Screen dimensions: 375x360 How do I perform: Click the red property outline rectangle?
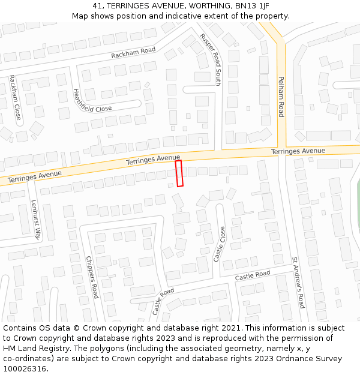coord(179,173)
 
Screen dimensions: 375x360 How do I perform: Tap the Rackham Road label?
coord(133,53)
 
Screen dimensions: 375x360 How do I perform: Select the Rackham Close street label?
coord(15,97)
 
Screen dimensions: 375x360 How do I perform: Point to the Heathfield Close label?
coord(92,100)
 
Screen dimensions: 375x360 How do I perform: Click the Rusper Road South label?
coord(211,59)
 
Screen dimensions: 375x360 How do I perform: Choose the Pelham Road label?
coord(280,96)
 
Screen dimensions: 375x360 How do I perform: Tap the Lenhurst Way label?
coord(35,220)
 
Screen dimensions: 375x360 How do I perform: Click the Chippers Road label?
coord(92,277)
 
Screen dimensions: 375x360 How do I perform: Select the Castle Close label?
coord(220,244)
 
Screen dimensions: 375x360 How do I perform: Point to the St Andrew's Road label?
coord(298,283)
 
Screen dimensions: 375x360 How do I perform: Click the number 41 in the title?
coord(98,5)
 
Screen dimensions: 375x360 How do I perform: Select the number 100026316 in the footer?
coord(25,368)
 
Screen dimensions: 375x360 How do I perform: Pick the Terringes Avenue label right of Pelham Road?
coord(298,151)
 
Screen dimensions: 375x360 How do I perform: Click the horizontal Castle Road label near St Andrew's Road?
coord(253,275)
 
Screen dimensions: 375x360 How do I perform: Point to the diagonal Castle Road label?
coord(163,301)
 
